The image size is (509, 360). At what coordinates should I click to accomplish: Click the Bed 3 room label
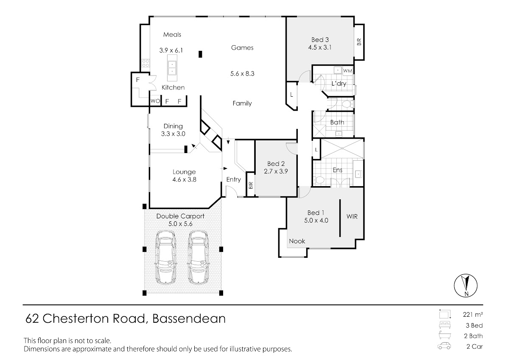pos(320,40)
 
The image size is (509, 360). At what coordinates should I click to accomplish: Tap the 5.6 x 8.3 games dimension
pos(242,74)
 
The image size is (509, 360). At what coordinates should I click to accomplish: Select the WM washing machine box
pos(348,71)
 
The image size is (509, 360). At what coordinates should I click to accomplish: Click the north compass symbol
pos(466,285)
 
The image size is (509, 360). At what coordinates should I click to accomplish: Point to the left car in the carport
pos(165,257)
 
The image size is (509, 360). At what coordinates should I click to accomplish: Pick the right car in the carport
pos(198,257)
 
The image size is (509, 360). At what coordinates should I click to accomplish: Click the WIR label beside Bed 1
pos(352,216)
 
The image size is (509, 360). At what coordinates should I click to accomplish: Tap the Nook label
pos(297,241)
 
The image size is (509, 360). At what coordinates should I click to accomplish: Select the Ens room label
pos(338,170)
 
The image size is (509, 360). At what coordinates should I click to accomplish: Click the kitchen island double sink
pos(172,68)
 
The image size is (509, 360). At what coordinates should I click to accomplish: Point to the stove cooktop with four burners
pos(145,63)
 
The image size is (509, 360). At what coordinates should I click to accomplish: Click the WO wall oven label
pos(155,101)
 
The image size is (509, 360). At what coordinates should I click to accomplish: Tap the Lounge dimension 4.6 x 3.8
pos(184,180)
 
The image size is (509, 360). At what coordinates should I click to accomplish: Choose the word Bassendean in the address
pos(189,318)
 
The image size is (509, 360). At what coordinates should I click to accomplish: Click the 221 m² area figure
pos(473,314)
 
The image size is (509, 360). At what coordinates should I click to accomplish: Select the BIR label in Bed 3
pos(359,42)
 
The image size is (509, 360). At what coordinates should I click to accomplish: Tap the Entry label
pos(233,180)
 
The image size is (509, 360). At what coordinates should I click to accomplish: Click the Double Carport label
pos(180,216)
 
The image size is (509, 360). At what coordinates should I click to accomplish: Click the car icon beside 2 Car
pos(444,346)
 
